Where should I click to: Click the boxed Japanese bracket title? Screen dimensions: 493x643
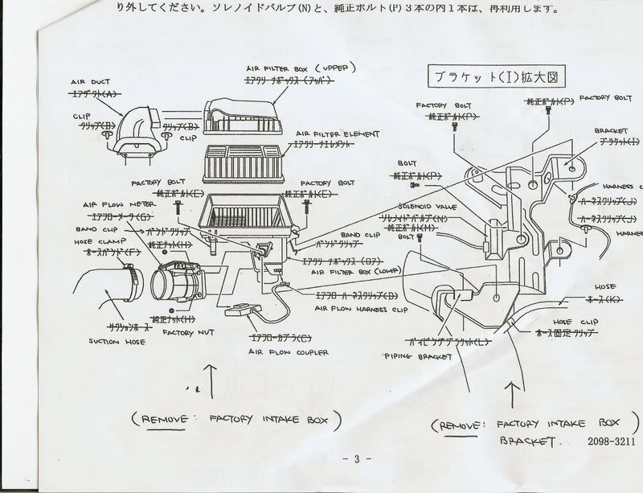click(x=489, y=78)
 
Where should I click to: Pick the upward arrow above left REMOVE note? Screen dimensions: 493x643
click(x=211, y=380)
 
